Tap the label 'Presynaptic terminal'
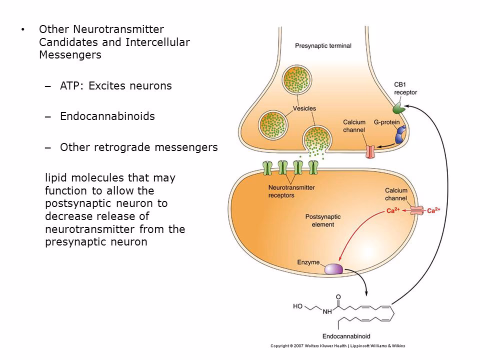(323, 45)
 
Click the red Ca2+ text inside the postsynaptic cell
(392, 210)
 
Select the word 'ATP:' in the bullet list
(73, 86)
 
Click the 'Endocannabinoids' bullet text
(107, 116)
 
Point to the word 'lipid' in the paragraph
(55, 177)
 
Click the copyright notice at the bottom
(337, 345)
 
